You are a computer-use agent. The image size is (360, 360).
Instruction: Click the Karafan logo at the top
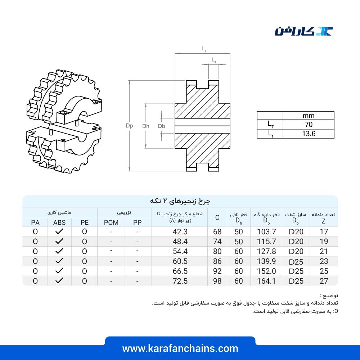click(303, 31)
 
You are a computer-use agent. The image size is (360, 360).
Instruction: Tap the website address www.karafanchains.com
click(180, 348)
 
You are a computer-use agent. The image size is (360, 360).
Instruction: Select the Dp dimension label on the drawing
click(129, 126)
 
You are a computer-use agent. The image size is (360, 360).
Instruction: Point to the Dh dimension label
click(146, 126)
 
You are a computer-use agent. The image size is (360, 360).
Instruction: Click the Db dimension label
click(162, 126)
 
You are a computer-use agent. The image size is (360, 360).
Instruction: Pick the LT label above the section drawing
click(204, 49)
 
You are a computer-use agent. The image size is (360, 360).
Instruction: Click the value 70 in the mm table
click(309, 125)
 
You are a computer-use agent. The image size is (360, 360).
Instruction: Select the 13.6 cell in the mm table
click(309, 134)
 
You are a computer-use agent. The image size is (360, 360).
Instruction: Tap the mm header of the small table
click(309, 116)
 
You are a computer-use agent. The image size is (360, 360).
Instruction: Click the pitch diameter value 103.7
click(266, 231)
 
